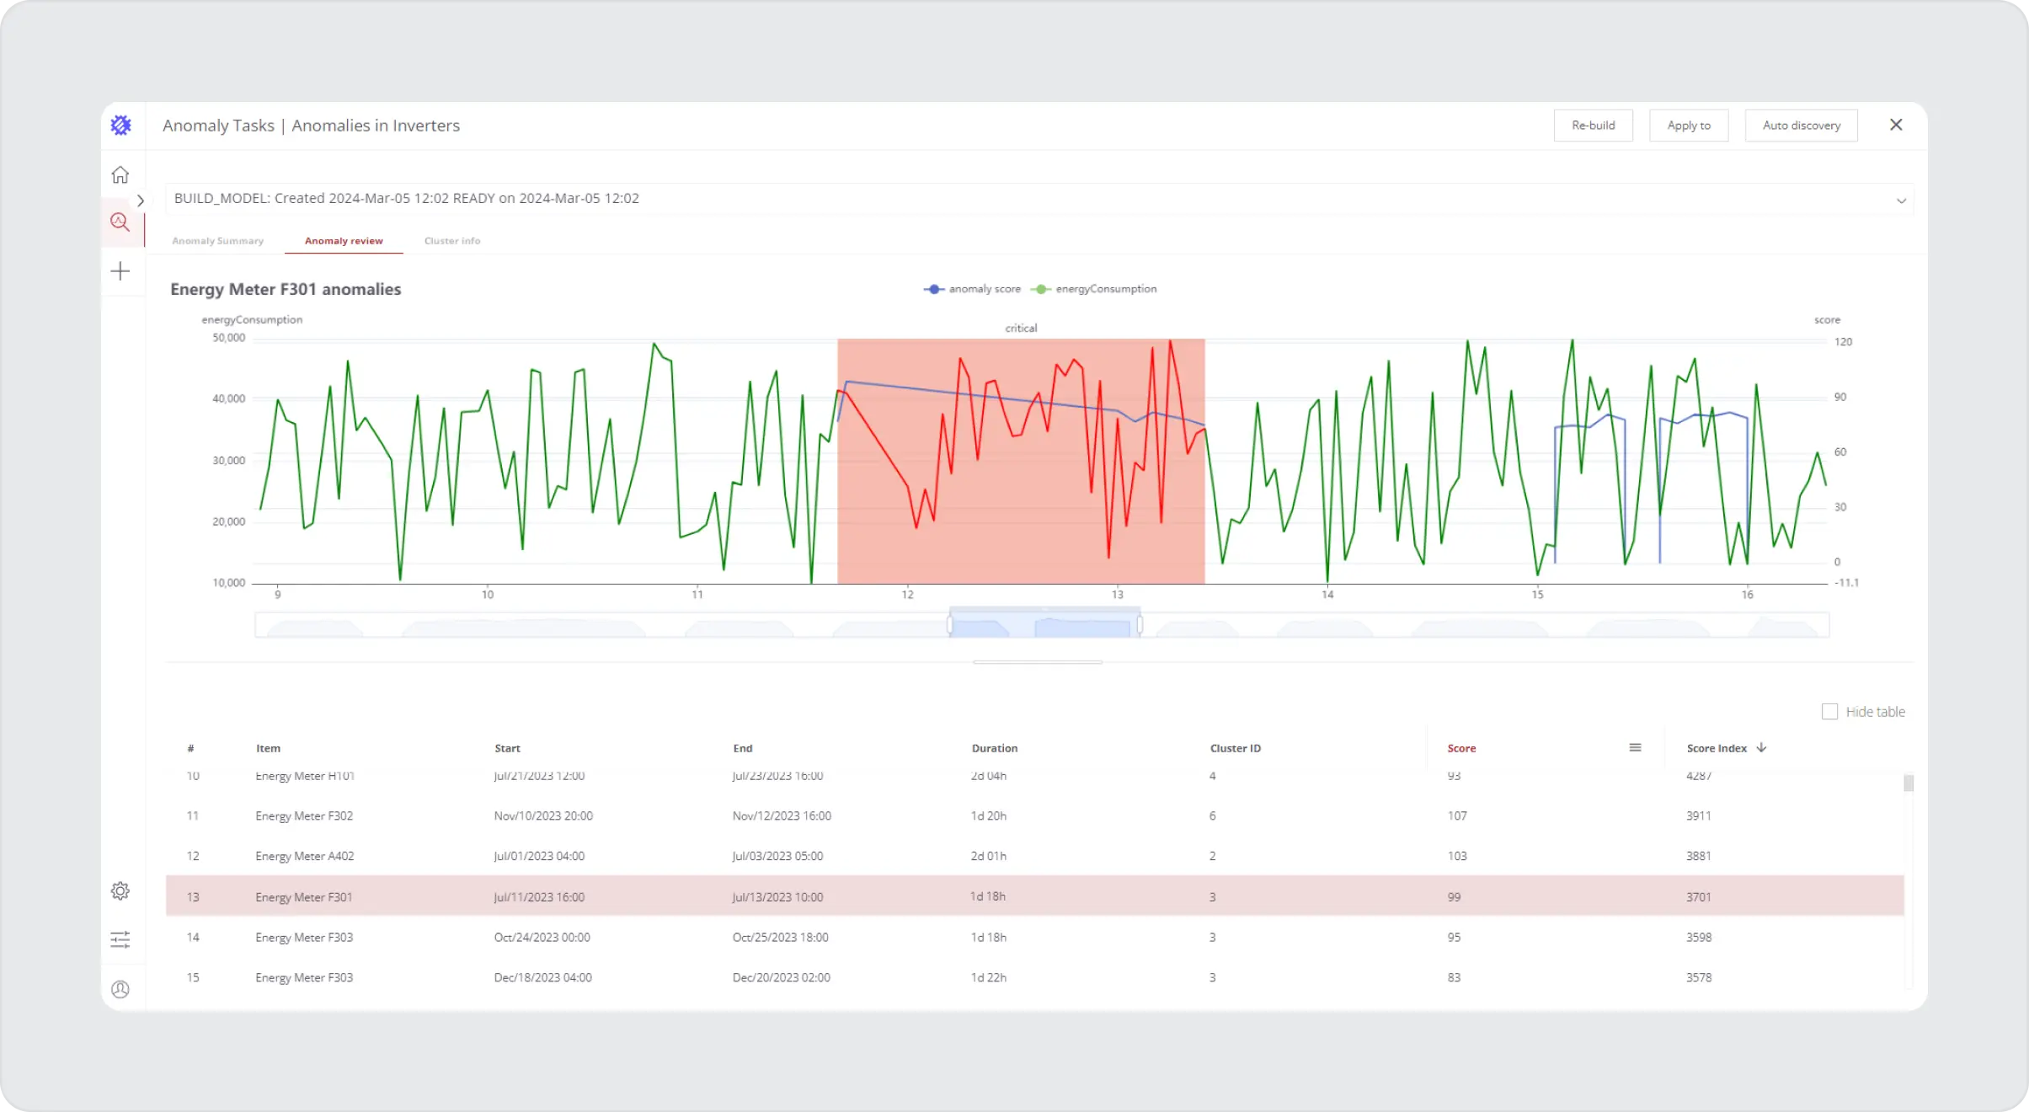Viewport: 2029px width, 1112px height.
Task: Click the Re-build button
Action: [1593, 126]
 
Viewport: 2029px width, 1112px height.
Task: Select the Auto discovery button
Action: [1801, 126]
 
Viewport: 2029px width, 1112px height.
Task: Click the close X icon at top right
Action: [1896, 125]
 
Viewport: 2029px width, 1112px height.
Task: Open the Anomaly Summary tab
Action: [217, 241]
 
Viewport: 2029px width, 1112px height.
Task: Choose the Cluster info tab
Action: [452, 241]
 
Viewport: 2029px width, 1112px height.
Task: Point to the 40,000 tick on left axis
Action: [228, 398]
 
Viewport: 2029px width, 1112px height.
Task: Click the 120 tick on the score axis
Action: [1843, 342]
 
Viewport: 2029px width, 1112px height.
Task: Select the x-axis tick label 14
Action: [1327, 595]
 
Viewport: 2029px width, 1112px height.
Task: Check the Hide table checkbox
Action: [1829, 712]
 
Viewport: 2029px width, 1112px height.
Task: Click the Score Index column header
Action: [1717, 748]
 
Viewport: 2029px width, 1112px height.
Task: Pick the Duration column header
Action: [995, 748]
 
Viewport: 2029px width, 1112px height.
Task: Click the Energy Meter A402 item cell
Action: [305, 856]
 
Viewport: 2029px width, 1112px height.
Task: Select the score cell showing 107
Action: [1457, 815]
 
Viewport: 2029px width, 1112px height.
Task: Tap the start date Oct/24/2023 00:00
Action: [542, 937]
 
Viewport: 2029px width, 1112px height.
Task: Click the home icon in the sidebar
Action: [120, 174]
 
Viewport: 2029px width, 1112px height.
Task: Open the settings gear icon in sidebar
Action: [120, 890]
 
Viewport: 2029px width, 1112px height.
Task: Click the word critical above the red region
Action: [1021, 329]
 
